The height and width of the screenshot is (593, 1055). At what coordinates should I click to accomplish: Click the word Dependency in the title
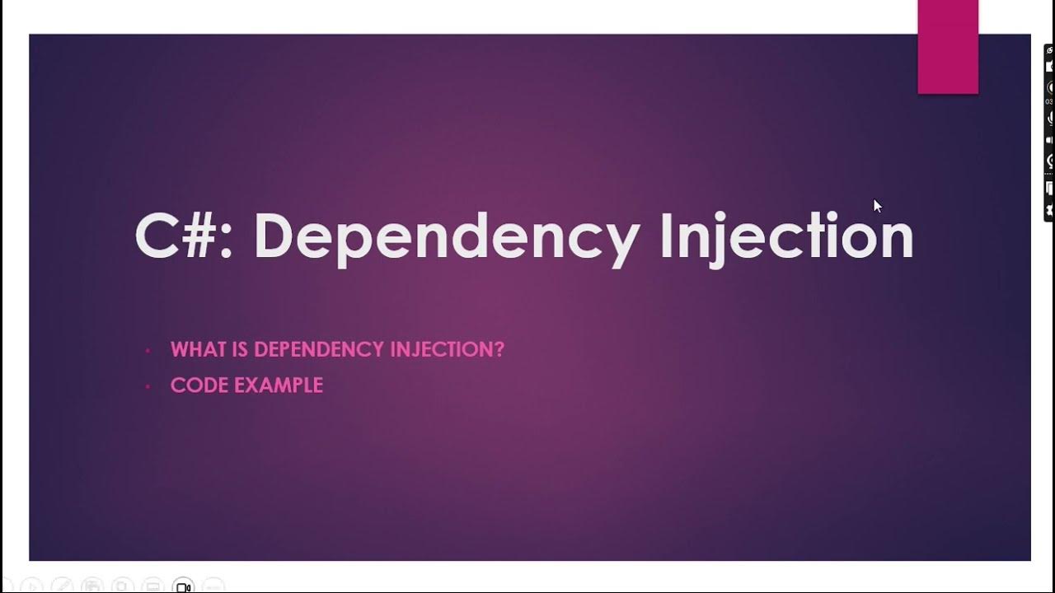(446, 237)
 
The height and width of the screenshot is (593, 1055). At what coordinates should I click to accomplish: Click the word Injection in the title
(786, 237)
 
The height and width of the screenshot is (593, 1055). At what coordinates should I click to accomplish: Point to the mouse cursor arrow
(876, 205)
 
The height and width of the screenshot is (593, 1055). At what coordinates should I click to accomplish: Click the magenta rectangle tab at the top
(948, 47)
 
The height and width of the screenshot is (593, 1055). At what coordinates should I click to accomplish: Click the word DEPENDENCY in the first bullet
(319, 349)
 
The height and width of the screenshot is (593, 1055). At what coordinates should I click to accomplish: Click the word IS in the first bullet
(240, 349)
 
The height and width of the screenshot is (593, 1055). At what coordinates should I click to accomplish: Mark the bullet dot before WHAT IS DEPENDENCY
(148, 350)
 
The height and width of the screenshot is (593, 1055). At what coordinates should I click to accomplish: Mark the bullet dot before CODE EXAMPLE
(148, 385)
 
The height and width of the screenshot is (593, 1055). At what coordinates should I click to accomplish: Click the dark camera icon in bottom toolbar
(184, 587)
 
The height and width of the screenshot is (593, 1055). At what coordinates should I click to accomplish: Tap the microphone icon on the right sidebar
(1049, 118)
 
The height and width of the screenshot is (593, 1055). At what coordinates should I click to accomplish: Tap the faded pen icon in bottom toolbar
(62, 586)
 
